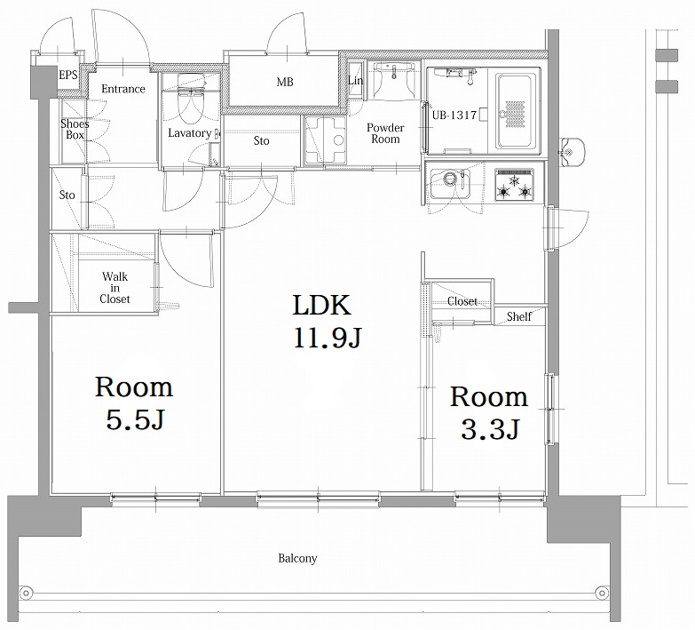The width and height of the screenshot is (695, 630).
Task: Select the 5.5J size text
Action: [134, 419]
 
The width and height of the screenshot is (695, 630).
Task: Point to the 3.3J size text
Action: [488, 429]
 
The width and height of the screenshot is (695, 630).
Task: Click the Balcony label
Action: [297, 559]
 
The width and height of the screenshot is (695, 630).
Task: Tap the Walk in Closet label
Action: [115, 288]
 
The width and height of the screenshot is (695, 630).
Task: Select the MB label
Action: [284, 83]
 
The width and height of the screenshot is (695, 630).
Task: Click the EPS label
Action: [68, 76]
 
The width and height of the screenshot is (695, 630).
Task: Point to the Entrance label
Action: [122, 89]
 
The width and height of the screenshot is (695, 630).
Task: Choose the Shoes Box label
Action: [75, 130]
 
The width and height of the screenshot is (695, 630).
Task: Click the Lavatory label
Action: [189, 133]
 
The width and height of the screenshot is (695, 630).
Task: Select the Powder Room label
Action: [385, 133]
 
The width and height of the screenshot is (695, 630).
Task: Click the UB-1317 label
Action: [454, 116]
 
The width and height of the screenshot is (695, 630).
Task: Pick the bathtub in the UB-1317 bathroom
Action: [515, 111]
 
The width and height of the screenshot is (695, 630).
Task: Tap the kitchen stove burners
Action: [516, 187]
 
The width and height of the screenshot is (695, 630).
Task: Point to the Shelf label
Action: [519, 316]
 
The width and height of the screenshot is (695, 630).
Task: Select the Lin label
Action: [355, 82]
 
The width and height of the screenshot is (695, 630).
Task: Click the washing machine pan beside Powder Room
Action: [325, 140]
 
